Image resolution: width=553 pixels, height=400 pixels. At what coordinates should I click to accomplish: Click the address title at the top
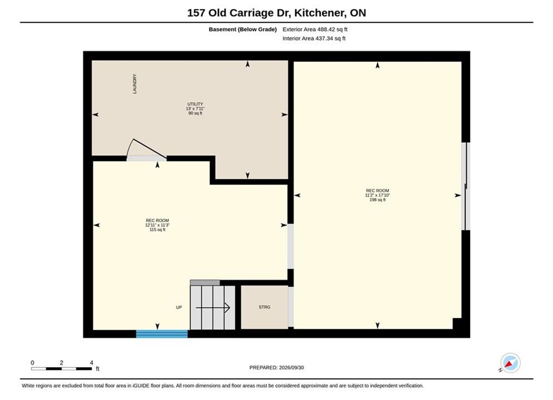(277, 13)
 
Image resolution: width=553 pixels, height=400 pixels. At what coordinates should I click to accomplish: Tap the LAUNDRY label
(134, 84)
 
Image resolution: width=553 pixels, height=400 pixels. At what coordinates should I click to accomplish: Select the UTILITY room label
(195, 108)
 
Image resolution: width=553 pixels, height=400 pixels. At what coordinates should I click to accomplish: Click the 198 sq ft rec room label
(377, 195)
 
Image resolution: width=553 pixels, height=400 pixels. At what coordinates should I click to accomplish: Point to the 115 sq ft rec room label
(157, 225)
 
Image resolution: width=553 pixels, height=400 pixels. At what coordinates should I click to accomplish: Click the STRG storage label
(265, 307)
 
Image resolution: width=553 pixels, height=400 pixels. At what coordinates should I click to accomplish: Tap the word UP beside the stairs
(179, 307)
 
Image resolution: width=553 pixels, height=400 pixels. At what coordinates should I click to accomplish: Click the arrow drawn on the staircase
(213, 308)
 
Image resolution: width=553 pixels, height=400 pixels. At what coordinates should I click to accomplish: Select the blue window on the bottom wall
(162, 334)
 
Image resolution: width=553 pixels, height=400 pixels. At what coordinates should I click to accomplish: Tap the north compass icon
(510, 363)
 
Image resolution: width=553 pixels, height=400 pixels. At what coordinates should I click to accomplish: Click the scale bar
(61, 369)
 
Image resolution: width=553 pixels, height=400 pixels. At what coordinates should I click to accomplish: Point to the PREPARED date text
(277, 367)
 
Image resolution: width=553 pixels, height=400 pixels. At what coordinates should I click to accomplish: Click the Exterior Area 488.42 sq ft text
(315, 29)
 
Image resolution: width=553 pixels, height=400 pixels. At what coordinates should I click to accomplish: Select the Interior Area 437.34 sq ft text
(314, 38)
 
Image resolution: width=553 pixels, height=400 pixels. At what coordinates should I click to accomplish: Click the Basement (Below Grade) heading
(243, 29)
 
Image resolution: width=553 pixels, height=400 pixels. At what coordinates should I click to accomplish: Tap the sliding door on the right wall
(466, 186)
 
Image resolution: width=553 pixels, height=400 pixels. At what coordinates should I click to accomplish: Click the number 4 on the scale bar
(92, 363)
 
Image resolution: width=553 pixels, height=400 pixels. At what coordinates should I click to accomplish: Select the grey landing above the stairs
(205, 283)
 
